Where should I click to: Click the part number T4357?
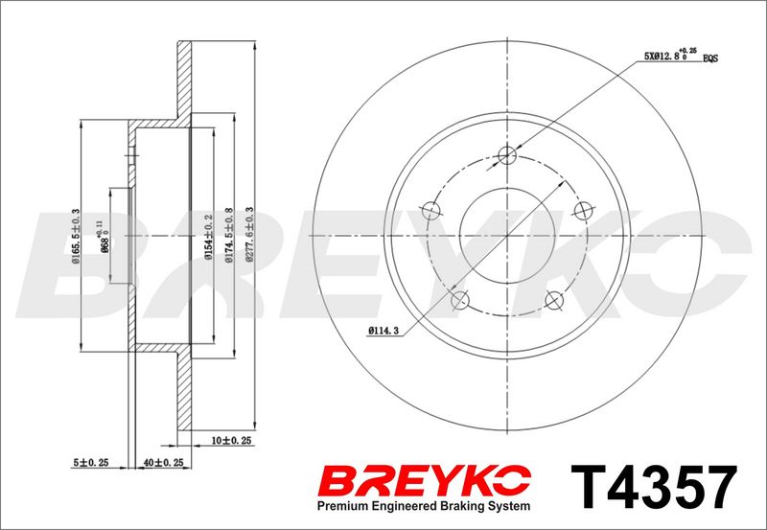click(x=654, y=487)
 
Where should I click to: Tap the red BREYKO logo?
click(x=424, y=480)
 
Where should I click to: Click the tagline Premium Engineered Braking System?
click(x=424, y=506)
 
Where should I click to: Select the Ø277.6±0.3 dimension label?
click(x=250, y=235)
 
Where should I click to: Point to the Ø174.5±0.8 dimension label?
click(x=228, y=236)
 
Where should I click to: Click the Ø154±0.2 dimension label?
click(x=208, y=237)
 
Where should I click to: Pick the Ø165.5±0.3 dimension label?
click(x=76, y=237)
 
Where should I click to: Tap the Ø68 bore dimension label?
click(x=103, y=238)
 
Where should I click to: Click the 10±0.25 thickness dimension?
click(x=231, y=441)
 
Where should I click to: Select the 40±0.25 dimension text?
click(x=163, y=462)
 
